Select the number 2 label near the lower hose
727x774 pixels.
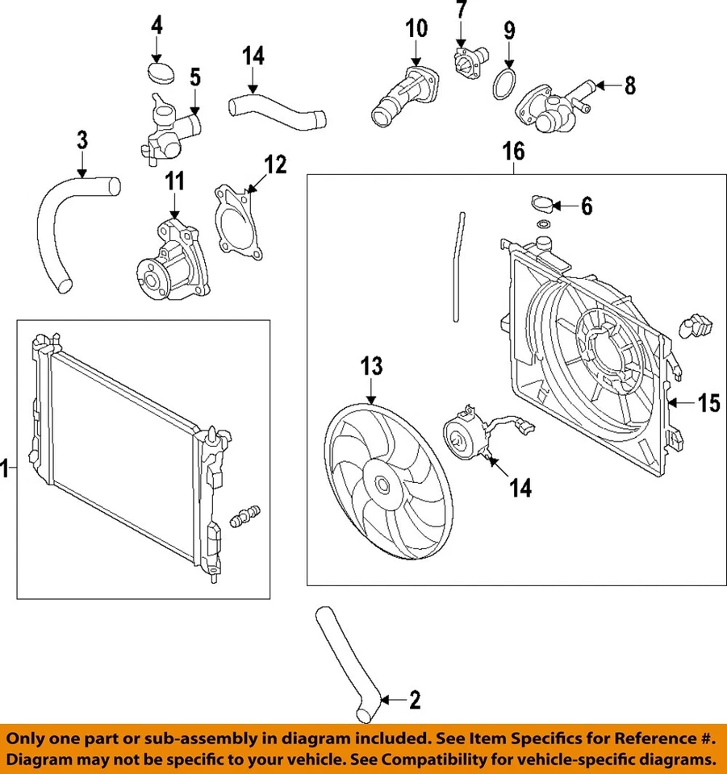coord(415,700)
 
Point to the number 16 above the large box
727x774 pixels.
coord(513,151)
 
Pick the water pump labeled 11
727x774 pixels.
coord(172,257)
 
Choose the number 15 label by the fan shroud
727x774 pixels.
coord(708,403)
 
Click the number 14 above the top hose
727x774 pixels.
coord(253,56)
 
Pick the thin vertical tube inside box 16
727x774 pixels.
coord(458,266)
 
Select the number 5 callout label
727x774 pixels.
coord(194,78)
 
